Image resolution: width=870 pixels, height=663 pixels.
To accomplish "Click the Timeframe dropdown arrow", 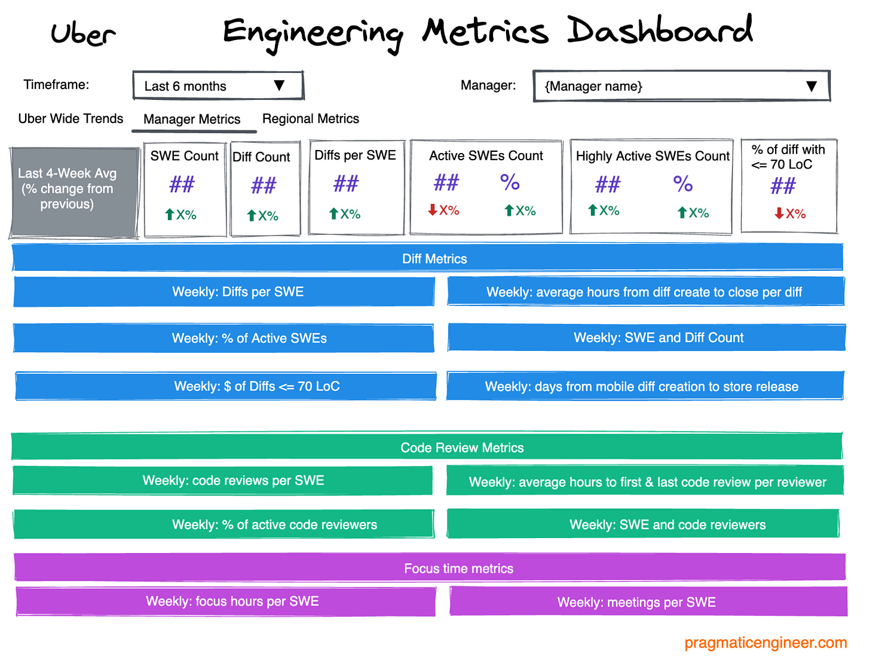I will [x=279, y=85].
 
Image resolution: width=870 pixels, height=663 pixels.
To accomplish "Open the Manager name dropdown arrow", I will [x=811, y=86].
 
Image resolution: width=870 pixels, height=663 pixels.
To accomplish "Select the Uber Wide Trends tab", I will [x=71, y=118].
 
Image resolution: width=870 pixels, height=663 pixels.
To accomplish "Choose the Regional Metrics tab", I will [x=311, y=118].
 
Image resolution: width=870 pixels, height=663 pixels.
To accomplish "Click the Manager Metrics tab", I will [x=192, y=119].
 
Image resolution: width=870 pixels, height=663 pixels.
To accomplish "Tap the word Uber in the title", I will [x=83, y=33].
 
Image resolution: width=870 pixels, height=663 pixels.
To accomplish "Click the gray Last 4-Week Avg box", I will [x=74, y=191].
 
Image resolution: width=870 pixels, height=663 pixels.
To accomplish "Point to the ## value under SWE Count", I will [x=182, y=184].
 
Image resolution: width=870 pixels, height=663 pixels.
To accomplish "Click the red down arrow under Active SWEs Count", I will [x=433, y=210].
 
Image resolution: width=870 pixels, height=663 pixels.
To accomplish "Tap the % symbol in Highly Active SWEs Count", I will [x=682, y=184].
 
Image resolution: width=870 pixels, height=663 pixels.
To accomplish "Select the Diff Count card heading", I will [x=261, y=157].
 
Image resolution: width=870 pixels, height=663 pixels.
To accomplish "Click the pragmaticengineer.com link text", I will [x=765, y=643].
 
